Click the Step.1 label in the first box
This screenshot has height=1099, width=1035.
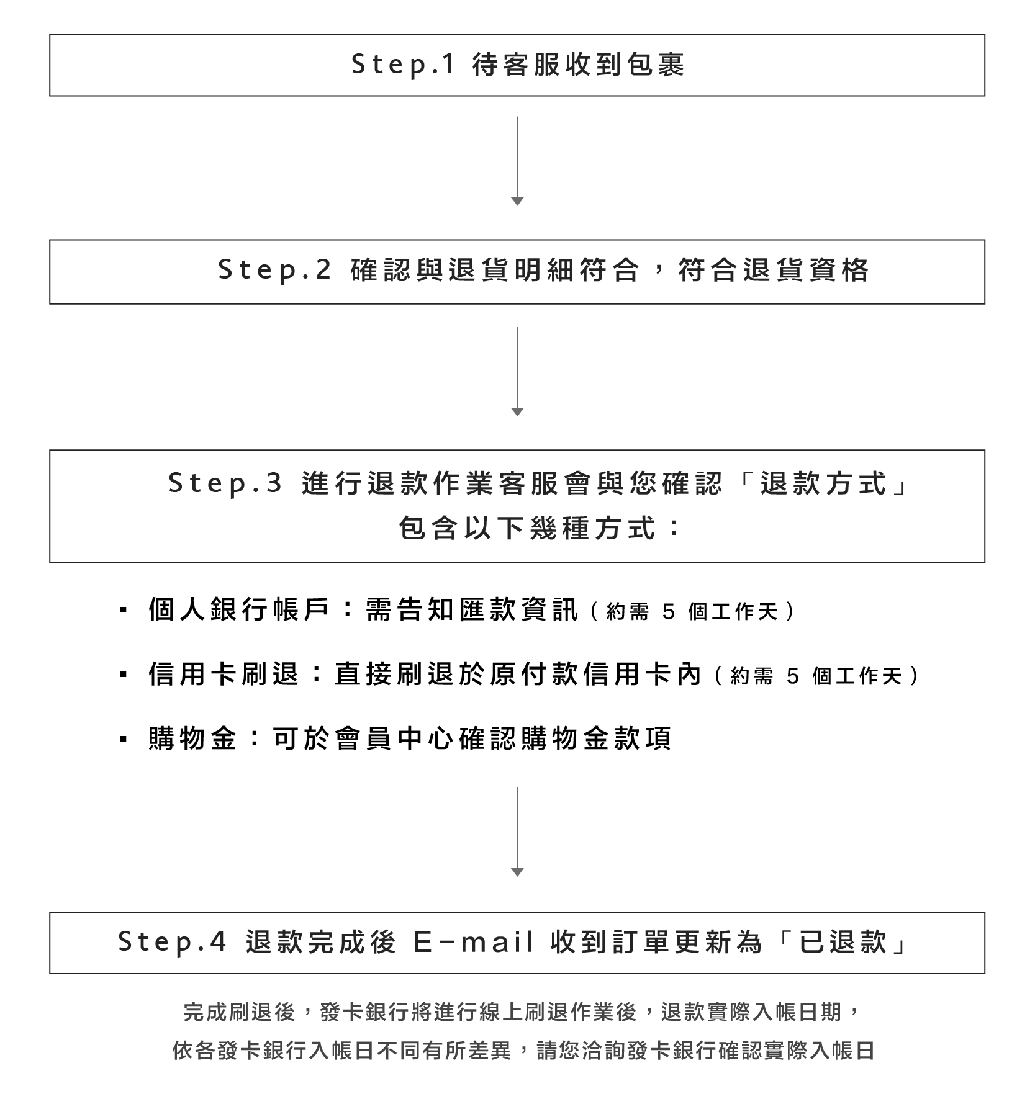pyautogui.click(x=404, y=65)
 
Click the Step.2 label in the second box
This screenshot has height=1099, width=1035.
pyautogui.click(x=275, y=271)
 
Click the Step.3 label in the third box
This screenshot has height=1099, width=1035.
pyautogui.click(x=225, y=484)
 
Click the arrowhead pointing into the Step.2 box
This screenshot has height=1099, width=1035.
pyautogui.click(x=517, y=201)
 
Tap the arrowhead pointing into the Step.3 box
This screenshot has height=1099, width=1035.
pyautogui.click(x=517, y=411)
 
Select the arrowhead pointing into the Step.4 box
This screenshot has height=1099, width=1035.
pyautogui.click(x=517, y=872)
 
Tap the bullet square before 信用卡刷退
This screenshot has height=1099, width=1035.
pyautogui.click(x=123, y=675)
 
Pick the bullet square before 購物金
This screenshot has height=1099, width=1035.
pyautogui.click(x=123, y=739)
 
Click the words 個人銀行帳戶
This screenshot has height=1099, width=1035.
pyautogui.click(x=239, y=610)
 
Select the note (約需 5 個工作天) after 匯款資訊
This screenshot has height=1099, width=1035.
pyautogui.click(x=690, y=612)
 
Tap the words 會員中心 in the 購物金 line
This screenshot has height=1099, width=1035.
pyautogui.click(x=394, y=738)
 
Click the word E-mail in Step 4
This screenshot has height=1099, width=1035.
pyautogui.click(x=473, y=942)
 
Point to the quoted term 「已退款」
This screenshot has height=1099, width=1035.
pyautogui.click(x=841, y=942)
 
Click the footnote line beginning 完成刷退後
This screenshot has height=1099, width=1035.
pyautogui.click(x=520, y=1012)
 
